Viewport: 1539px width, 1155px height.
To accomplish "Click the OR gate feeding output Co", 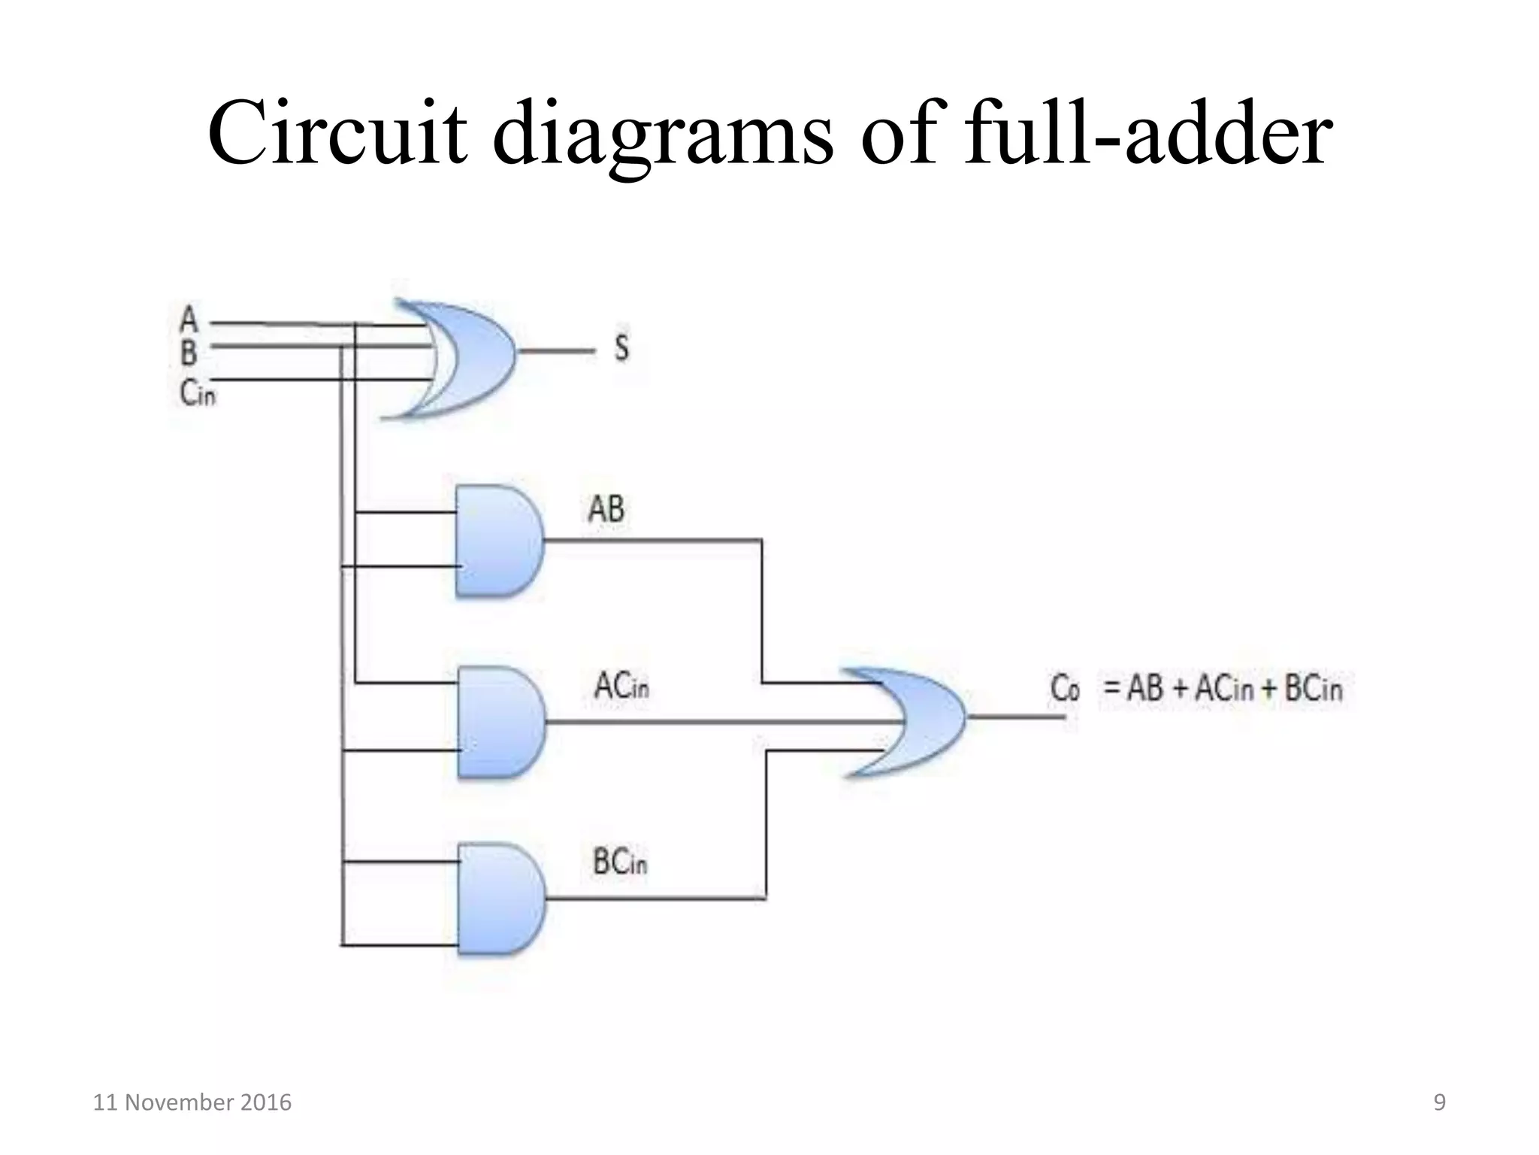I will coord(913,720).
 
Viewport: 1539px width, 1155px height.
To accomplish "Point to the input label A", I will coord(189,320).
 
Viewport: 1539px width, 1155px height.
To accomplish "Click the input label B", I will coord(189,351).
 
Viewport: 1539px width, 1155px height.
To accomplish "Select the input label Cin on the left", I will coord(197,392).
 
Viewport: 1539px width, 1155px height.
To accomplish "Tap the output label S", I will coord(621,348).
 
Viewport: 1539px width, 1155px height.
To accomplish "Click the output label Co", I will coord(1064,687).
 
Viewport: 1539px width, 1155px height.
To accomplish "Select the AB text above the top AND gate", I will coord(606,509).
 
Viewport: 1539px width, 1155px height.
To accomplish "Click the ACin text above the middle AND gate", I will coord(621,686).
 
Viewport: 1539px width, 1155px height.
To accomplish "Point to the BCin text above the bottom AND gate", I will coord(619,862).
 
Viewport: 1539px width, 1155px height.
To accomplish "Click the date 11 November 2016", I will coord(192,1102).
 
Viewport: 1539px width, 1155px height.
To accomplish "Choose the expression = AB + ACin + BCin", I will coord(1222,688).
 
